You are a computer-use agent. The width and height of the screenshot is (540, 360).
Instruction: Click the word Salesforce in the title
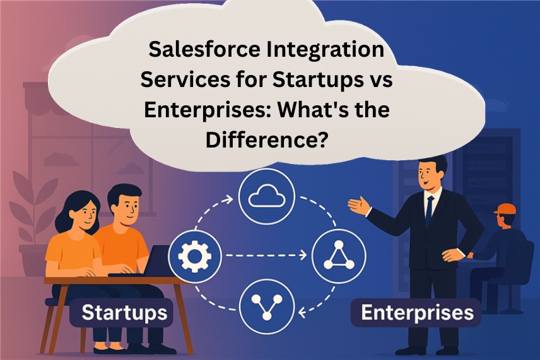click(x=204, y=49)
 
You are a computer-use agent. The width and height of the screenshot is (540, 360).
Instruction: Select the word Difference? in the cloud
click(x=267, y=140)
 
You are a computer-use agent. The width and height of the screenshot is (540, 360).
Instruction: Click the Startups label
click(x=124, y=313)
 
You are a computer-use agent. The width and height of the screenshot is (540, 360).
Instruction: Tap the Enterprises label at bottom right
click(x=417, y=313)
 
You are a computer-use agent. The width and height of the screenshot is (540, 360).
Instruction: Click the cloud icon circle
click(x=267, y=197)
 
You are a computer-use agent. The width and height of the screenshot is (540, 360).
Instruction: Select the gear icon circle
click(x=195, y=256)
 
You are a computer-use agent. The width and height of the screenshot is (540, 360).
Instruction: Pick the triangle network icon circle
click(x=339, y=256)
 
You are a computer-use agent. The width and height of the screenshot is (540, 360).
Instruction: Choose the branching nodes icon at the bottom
click(x=267, y=306)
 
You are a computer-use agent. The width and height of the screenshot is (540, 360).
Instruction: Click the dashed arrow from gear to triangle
click(x=266, y=255)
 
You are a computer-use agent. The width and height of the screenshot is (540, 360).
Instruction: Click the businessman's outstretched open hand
click(x=359, y=206)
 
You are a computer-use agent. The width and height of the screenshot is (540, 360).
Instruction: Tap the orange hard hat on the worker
click(x=505, y=209)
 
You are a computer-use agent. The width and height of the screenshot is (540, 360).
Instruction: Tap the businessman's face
click(x=428, y=175)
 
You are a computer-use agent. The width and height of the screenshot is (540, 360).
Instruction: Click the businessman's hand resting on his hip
click(x=453, y=255)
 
